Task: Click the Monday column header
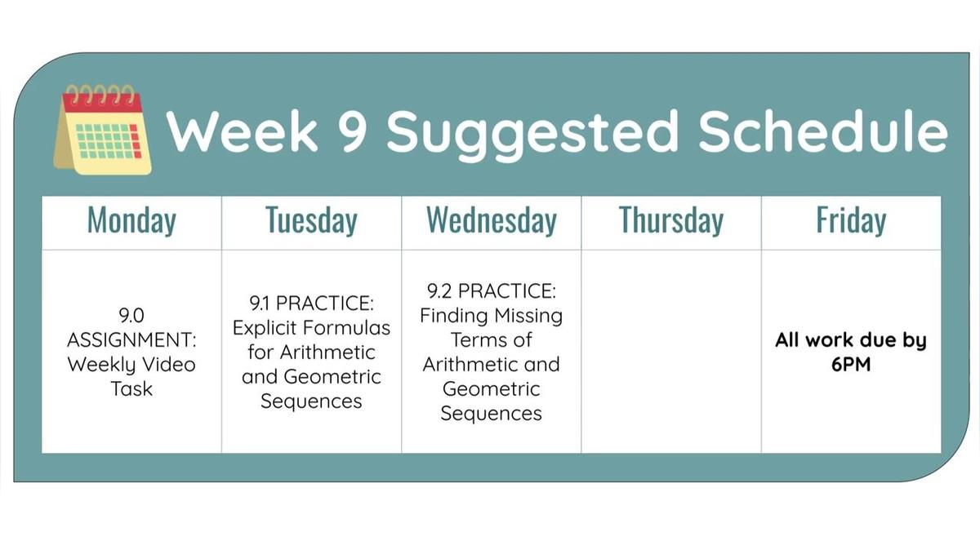[131, 221]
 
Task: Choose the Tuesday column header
[311, 221]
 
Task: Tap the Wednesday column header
[491, 221]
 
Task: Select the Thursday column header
[670, 221]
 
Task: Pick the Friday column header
[850, 221]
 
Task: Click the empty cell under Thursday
[670, 351]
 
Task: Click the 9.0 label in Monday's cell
[131, 314]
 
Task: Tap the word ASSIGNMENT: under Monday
[131, 339]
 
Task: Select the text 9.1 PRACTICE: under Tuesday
[311, 304]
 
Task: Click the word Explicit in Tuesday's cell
[266, 328]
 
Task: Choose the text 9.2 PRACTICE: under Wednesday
[491, 291]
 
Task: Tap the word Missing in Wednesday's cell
[528, 315]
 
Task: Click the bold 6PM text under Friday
[850, 365]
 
